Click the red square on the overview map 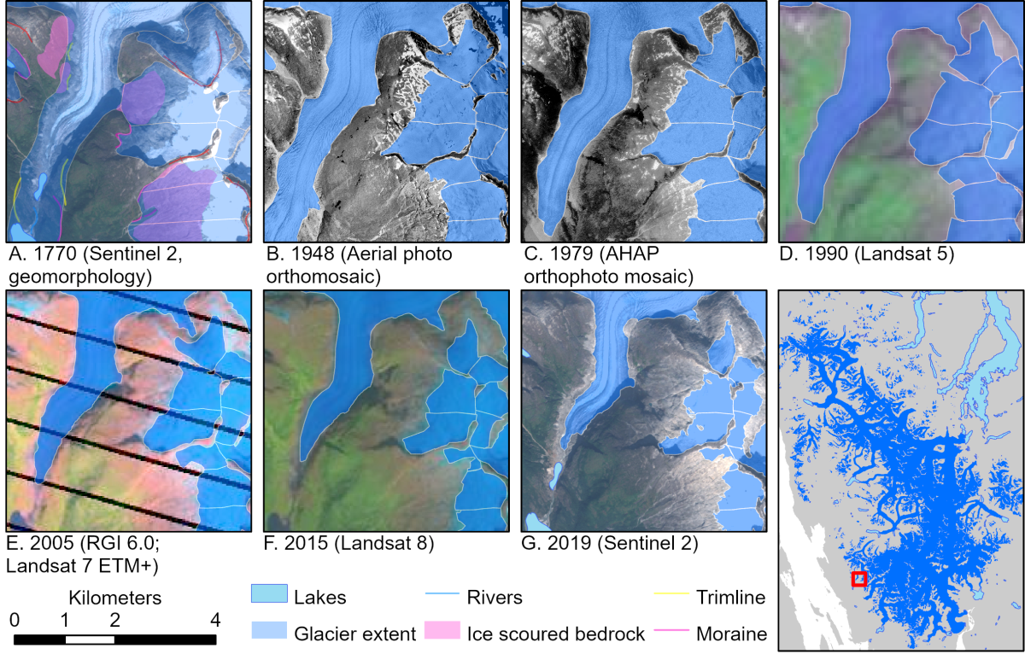coord(859,579)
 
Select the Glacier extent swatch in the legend coord(266,633)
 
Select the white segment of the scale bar coord(90,639)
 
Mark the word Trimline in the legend coord(730,595)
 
